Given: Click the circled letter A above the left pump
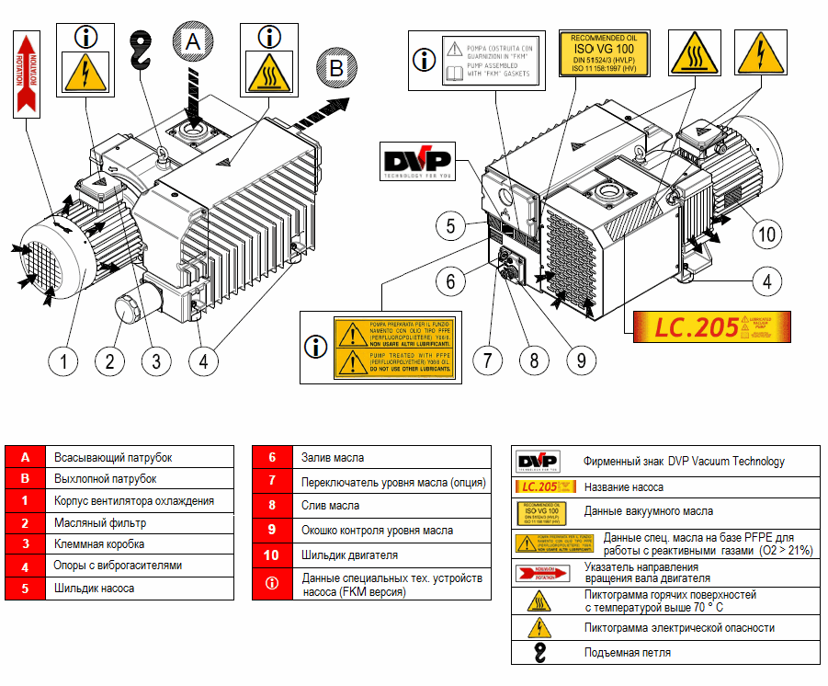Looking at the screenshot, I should [x=192, y=41].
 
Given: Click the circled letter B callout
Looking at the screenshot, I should [x=336, y=68].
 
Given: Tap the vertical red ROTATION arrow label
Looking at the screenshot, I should [x=27, y=74].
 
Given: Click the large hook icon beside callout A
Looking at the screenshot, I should [x=140, y=51].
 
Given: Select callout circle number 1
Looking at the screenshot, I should [x=63, y=360].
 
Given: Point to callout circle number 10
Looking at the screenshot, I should [x=766, y=234].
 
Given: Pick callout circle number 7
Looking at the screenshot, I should [x=488, y=360].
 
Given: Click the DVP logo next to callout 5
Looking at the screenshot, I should [x=418, y=163].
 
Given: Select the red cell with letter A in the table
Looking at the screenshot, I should [x=26, y=457].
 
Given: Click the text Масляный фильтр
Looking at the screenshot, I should [x=100, y=523].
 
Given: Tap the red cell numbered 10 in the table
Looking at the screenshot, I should [x=272, y=555].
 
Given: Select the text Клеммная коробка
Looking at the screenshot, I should [x=106, y=544].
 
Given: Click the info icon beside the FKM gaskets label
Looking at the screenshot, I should [x=424, y=60].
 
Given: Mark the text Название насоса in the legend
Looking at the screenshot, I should [x=623, y=487].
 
